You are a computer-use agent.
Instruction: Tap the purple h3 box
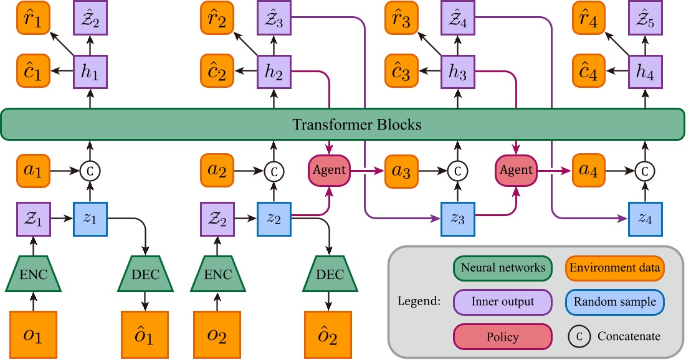pyautogui.click(x=458, y=72)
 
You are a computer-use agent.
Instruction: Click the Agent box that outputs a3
pyautogui.click(x=329, y=169)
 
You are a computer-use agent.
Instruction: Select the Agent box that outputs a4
pyautogui.click(x=515, y=169)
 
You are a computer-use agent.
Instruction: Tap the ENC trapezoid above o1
pyautogui.click(x=31, y=275)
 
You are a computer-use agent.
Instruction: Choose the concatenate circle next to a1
pyautogui.click(x=90, y=169)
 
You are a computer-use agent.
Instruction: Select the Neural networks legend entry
pyautogui.click(x=502, y=268)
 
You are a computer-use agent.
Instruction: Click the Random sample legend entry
pyautogui.click(x=614, y=302)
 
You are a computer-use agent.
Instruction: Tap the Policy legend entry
pyautogui.click(x=502, y=337)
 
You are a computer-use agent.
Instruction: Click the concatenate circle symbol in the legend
pyautogui.click(x=579, y=336)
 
